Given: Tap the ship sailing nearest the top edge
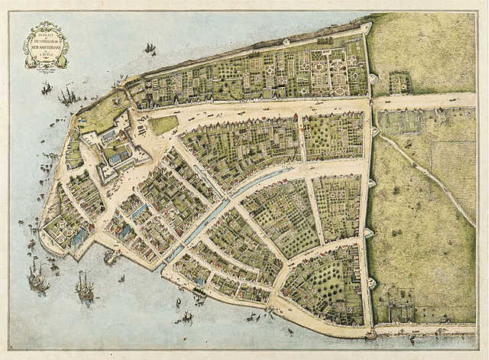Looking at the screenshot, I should tap(150, 49).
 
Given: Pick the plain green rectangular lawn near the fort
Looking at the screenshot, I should tap(164, 124).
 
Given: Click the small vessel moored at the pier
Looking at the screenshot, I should tap(112, 258).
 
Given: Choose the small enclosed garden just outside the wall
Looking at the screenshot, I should tap(399, 82).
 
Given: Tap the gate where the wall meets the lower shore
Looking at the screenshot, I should tap(371, 333).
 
